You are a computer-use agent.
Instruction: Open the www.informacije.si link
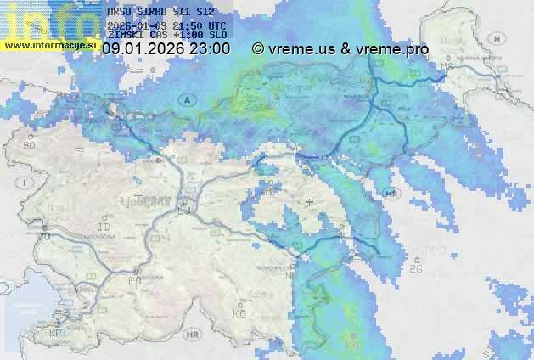tap(51, 44)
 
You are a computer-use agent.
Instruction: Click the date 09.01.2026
tap(142, 49)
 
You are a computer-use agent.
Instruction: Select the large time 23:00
tap(209, 49)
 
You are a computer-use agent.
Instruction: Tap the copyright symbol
tap(258, 49)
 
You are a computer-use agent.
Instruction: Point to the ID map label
tap(105, 228)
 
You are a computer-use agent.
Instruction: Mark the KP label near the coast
tap(56, 335)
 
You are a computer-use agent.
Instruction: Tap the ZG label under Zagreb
tap(415, 269)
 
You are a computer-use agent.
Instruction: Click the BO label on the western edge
tap(30, 145)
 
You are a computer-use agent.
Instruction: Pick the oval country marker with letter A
tap(184, 100)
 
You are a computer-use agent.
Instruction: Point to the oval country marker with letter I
tap(25, 183)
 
